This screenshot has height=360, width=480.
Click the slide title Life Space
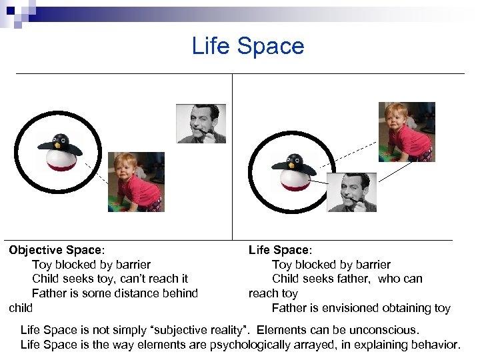247,46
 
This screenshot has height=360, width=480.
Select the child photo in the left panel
136,182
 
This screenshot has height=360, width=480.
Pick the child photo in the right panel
407,132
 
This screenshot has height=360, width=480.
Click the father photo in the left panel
201,123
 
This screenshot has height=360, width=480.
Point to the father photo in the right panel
352,193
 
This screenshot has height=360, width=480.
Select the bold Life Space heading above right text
279,250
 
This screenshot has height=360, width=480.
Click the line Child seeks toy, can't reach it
110,279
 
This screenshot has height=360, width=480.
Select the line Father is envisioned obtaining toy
361,308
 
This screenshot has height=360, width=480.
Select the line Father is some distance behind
115,293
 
